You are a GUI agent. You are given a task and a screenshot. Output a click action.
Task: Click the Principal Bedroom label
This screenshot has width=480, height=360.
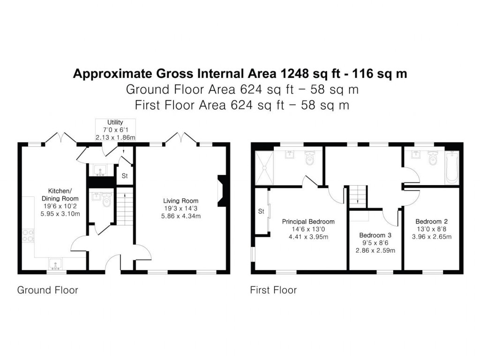click(308, 222)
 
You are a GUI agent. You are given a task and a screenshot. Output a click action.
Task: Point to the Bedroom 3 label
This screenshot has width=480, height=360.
click(375, 235)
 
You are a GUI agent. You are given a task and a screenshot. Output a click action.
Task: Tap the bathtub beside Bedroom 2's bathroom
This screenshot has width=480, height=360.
click(452, 167)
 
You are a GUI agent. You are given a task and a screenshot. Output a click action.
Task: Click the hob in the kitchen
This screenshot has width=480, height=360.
click(28, 235)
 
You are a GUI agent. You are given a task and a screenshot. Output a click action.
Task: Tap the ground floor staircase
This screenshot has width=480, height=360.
click(125, 211)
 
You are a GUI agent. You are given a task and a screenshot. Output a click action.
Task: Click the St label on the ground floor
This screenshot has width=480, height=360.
click(125, 177)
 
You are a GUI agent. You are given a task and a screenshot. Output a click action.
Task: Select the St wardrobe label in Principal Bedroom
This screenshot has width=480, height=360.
click(262, 212)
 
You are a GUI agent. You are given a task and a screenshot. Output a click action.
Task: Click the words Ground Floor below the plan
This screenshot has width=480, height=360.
click(47, 290)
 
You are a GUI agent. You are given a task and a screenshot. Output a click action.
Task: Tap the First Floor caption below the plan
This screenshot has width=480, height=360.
click(273, 290)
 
